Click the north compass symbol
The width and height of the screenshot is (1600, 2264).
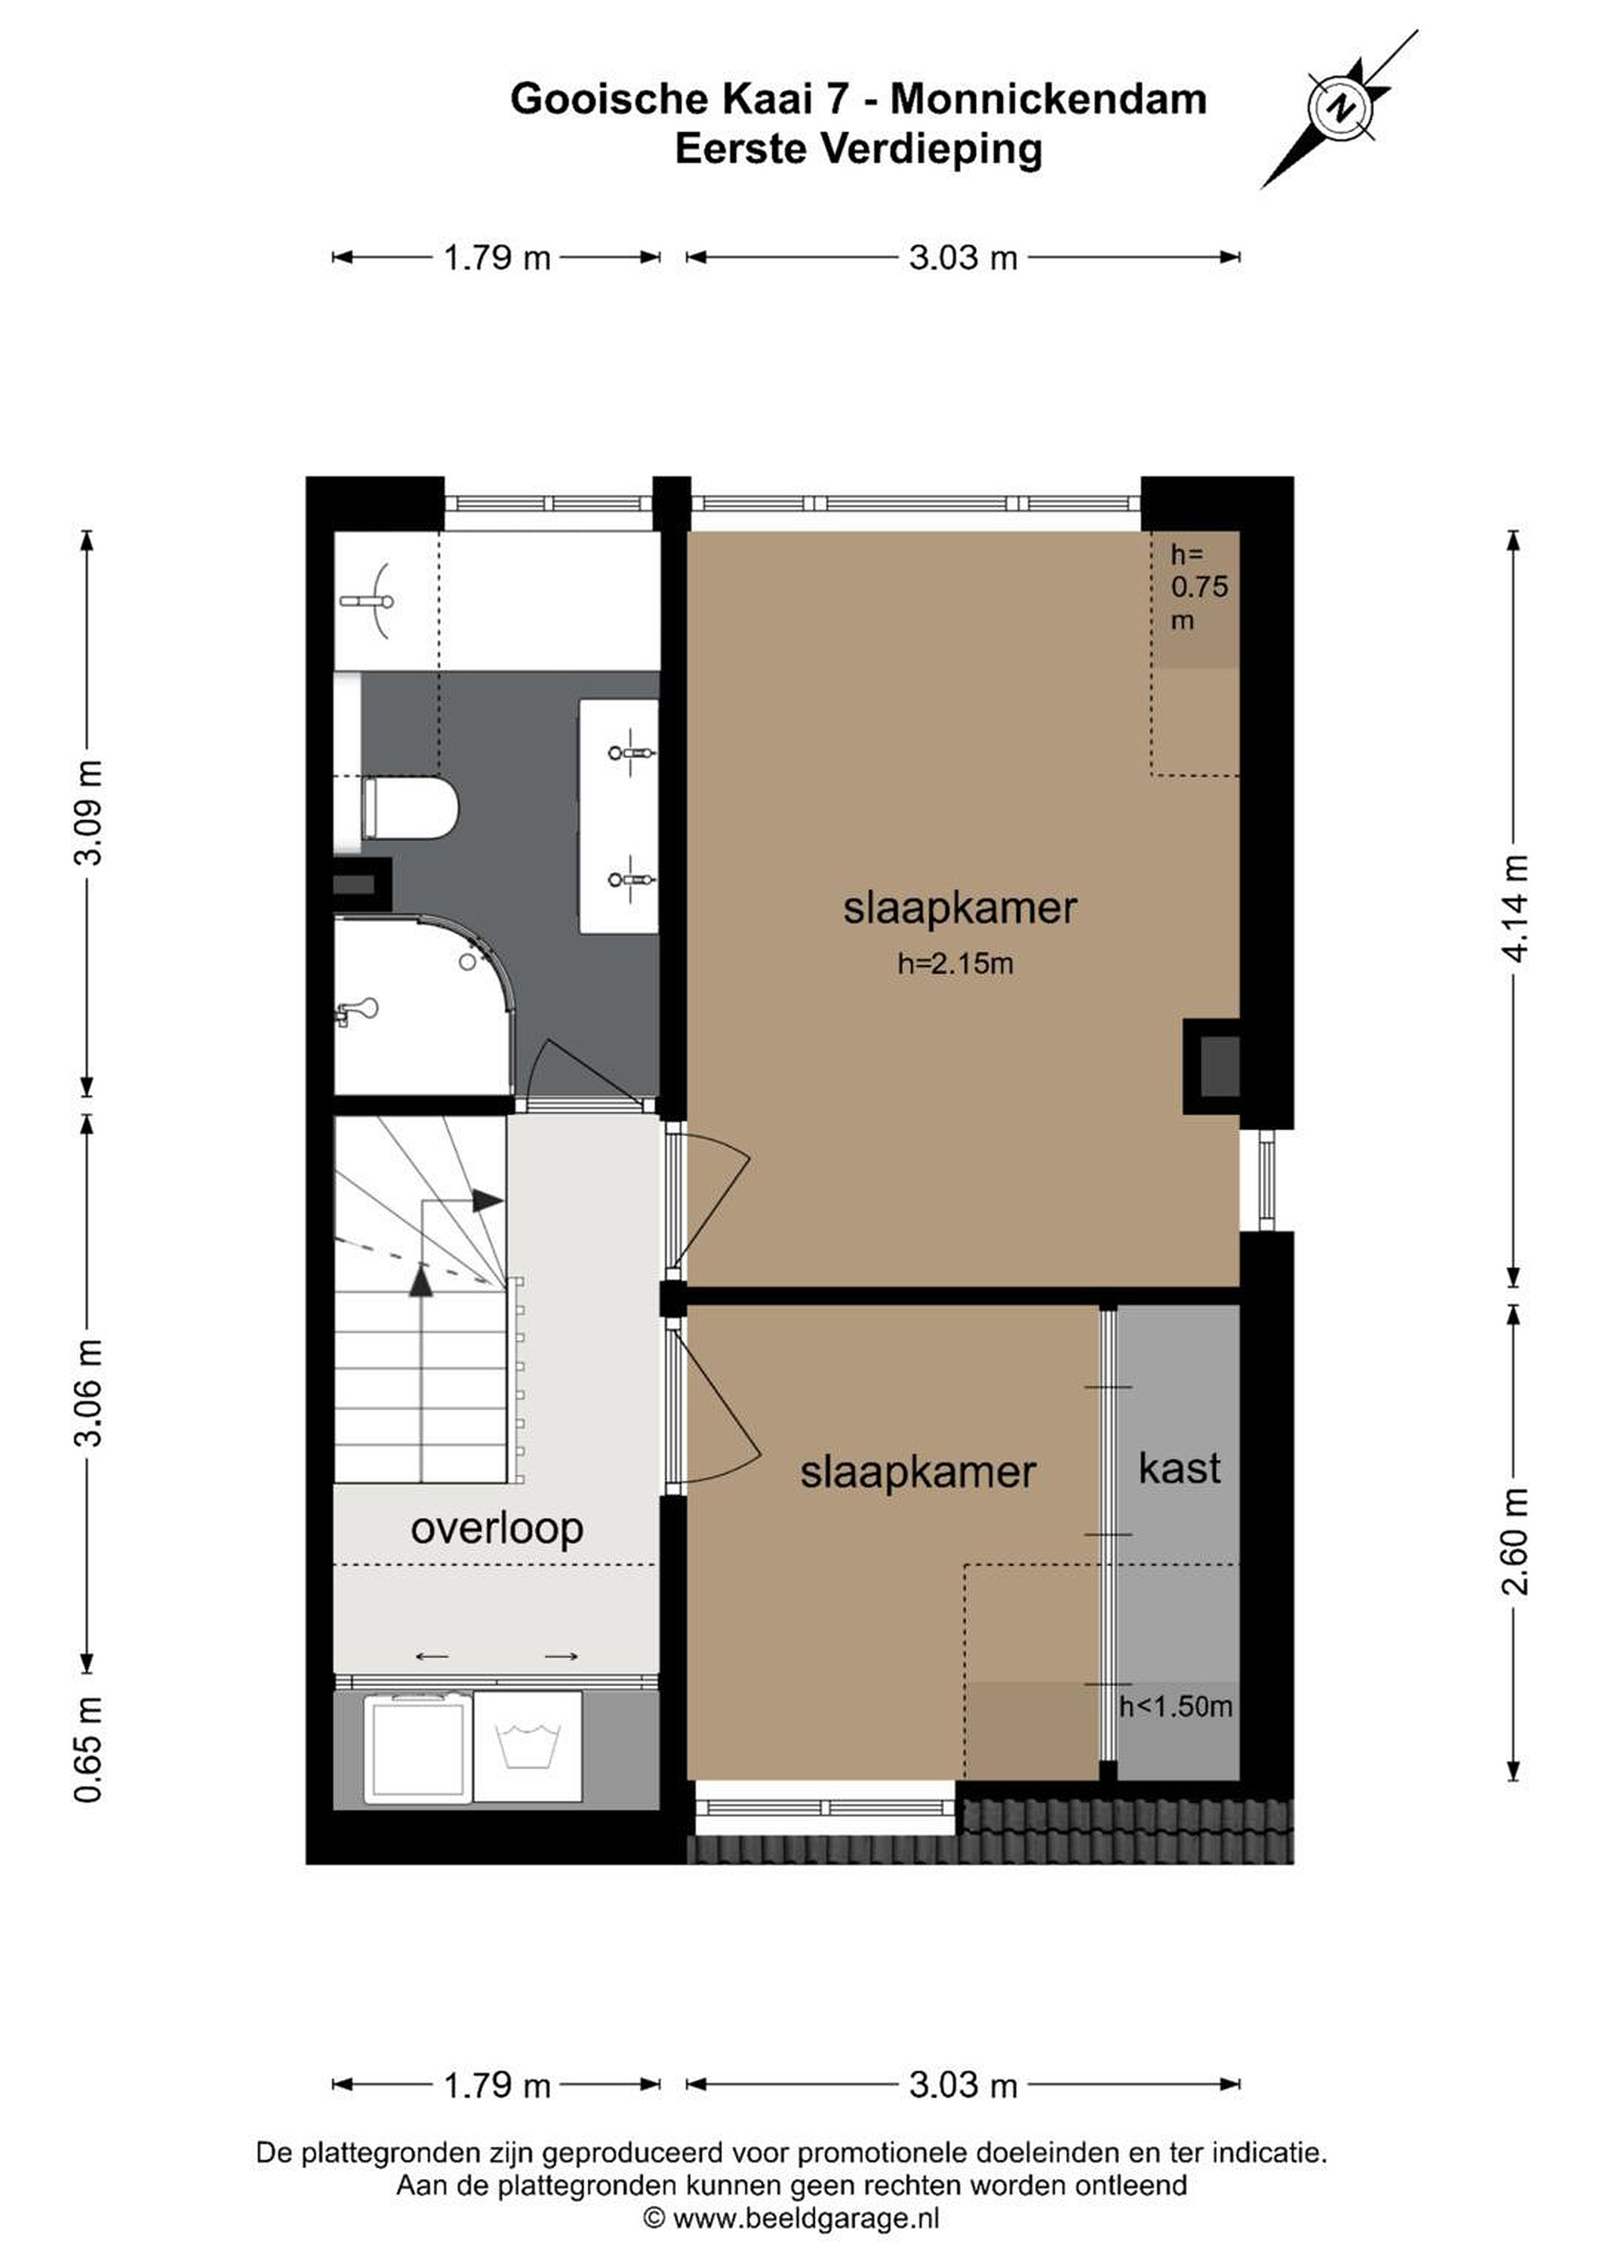pos(1341,108)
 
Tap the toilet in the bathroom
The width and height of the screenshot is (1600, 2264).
pos(410,807)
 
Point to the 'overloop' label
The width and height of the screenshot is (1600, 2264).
pos(497,1530)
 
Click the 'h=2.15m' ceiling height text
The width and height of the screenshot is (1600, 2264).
pos(956,964)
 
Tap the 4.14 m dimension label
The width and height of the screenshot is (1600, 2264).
pos(1516,908)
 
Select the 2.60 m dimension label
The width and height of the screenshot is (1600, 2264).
pos(1516,1542)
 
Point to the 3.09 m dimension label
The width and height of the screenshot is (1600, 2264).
pos(88,811)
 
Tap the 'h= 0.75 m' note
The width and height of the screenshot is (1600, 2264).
pos(1198,588)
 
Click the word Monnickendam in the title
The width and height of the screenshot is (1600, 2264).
pos(1049,100)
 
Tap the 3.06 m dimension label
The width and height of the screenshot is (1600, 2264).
pos(88,1392)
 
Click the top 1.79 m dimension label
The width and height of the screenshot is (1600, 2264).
pos(497,259)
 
